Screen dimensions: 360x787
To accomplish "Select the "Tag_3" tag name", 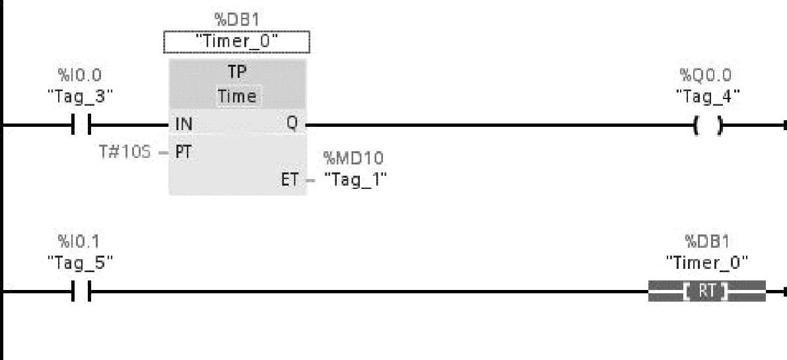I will (x=80, y=95).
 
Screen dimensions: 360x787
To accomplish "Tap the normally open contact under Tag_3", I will (x=80, y=124).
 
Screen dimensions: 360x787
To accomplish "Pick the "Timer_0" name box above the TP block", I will (x=236, y=43).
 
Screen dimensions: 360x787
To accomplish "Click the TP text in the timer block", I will (x=237, y=74).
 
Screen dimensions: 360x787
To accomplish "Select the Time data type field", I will (x=238, y=96).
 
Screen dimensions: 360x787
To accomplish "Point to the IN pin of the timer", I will (x=184, y=124).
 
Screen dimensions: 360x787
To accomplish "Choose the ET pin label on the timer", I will (x=290, y=179).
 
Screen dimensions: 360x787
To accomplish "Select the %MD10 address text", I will (x=353, y=159).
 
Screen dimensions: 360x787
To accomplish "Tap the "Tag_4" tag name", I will (x=706, y=95).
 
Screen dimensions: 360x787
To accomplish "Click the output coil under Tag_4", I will (x=706, y=125).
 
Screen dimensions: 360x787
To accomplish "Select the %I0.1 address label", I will (x=80, y=242).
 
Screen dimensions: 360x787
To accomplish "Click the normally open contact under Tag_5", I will (x=80, y=291).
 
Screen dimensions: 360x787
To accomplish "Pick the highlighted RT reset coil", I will (x=706, y=291).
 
